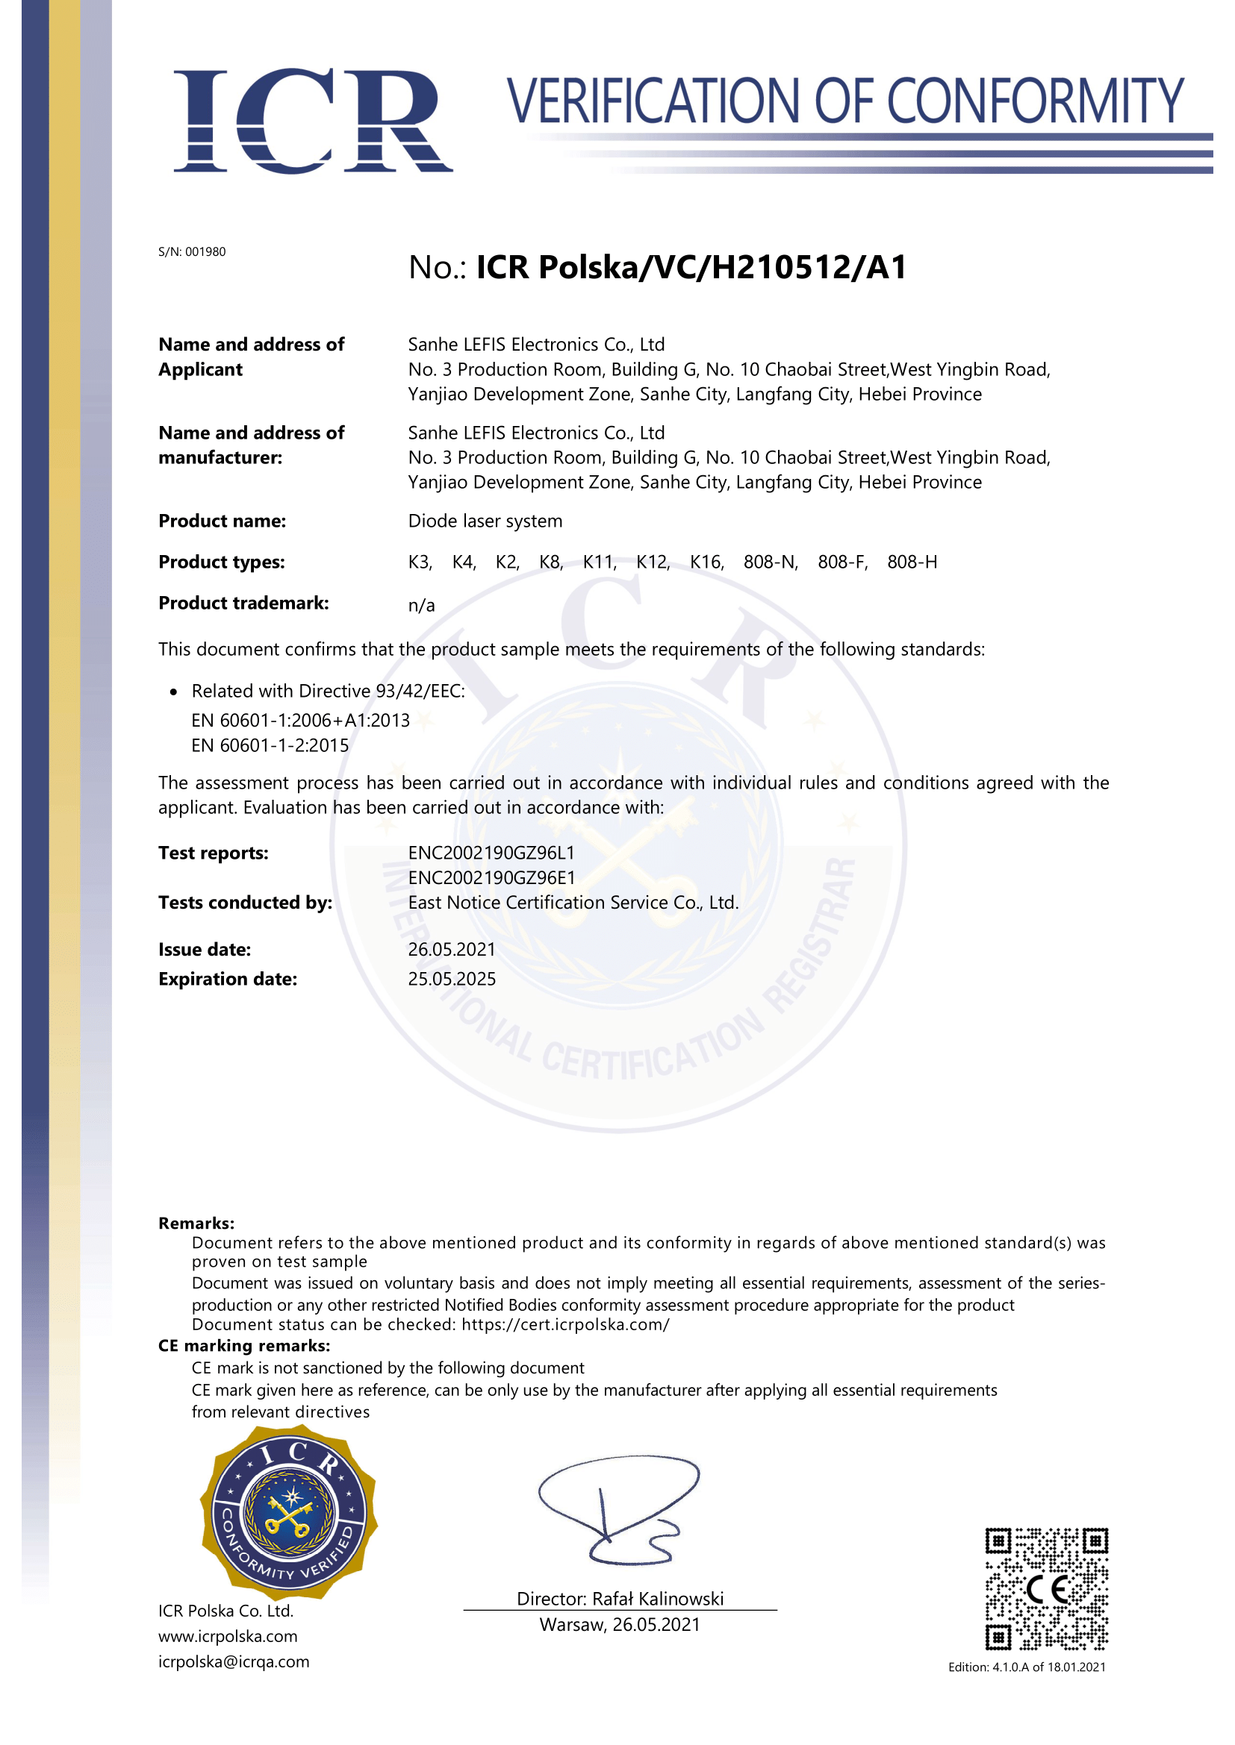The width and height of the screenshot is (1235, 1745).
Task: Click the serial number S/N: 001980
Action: coord(192,251)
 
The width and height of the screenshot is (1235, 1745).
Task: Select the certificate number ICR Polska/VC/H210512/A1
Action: coord(691,267)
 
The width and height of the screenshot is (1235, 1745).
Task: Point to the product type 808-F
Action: coord(842,562)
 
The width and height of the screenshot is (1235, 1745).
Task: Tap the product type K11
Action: coord(600,562)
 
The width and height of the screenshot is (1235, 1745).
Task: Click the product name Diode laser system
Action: coord(485,521)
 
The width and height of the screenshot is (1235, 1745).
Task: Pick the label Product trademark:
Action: coord(243,603)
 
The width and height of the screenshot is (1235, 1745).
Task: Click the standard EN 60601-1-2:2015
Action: coord(270,745)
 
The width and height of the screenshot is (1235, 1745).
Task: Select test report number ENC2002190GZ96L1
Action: coord(491,853)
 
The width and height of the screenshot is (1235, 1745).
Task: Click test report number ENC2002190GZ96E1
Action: coord(491,877)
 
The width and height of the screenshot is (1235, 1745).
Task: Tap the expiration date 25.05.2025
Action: coord(452,979)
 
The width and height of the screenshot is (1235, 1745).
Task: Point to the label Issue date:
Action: coord(205,949)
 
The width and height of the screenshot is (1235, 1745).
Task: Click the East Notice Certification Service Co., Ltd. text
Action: coord(573,902)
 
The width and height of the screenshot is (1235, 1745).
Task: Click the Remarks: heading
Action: coord(196,1223)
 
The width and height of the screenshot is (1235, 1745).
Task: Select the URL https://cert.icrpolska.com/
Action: coord(565,1324)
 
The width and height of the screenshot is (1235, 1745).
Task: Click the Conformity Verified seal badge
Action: coord(289,1512)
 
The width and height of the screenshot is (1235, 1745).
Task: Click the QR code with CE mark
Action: coord(1046,1588)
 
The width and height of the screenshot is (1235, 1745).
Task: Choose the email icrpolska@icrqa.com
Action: coord(234,1661)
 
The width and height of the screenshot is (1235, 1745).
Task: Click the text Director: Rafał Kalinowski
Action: coord(620,1598)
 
